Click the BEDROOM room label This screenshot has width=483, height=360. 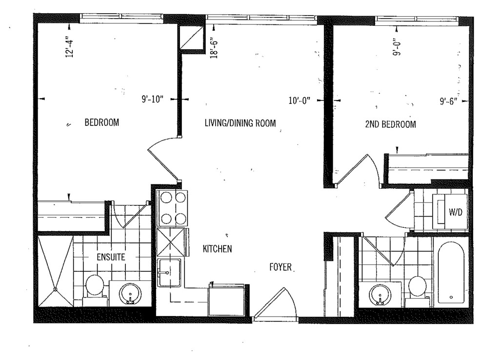click(101, 122)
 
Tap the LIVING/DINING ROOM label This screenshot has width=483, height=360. click(240, 123)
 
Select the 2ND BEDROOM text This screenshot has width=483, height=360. click(390, 124)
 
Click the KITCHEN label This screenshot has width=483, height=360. click(217, 249)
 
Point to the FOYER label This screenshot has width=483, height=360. click(281, 267)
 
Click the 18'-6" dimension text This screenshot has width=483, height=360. click(214, 48)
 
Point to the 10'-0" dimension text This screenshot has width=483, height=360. click(300, 100)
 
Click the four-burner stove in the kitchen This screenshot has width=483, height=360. click(172, 208)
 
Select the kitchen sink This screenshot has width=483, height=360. click(169, 273)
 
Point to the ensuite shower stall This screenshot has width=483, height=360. click(55, 271)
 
